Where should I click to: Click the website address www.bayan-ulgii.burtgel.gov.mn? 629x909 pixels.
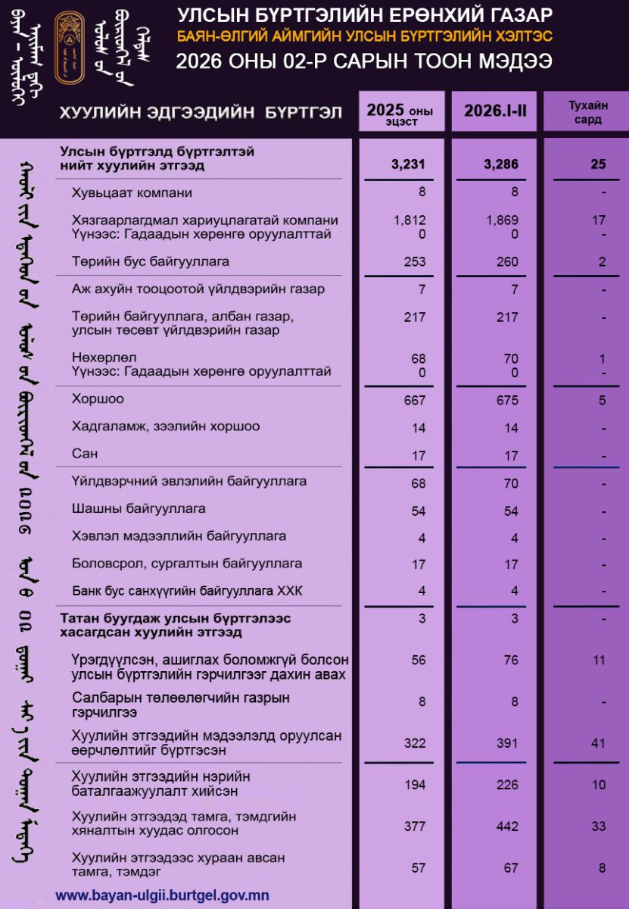pyautogui.click(x=162, y=895)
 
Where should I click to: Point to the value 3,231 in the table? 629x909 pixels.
pyautogui.click(x=409, y=164)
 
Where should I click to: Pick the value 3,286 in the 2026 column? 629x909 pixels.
pyautogui.click(x=500, y=164)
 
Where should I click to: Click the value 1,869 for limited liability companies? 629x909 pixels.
pyautogui.click(x=503, y=220)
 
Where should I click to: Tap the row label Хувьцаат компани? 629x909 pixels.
pyautogui.click(x=132, y=192)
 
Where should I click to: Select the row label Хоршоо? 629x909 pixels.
pyautogui.click(x=98, y=398)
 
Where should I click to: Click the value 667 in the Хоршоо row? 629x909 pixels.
pyautogui.click(x=415, y=400)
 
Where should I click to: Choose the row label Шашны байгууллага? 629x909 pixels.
pyautogui.click(x=139, y=508)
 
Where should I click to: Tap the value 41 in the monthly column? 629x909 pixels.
pyautogui.click(x=599, y=743)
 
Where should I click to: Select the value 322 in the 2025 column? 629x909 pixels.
pyautogui.click(x=415, y=743)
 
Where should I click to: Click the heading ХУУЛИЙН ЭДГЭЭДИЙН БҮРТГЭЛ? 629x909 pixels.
pyautogui.click(x=201, y=113)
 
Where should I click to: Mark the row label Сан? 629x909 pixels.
pyautogui.click(x=83, y=454)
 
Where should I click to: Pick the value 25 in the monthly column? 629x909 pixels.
pyautogui.click(x=599, y=164)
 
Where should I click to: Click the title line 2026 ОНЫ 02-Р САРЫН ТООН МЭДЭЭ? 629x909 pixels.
pyautogui.click(x=363, y=61)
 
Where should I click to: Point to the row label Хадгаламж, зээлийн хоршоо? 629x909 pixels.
pyautogui.click(x=166, y=426)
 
